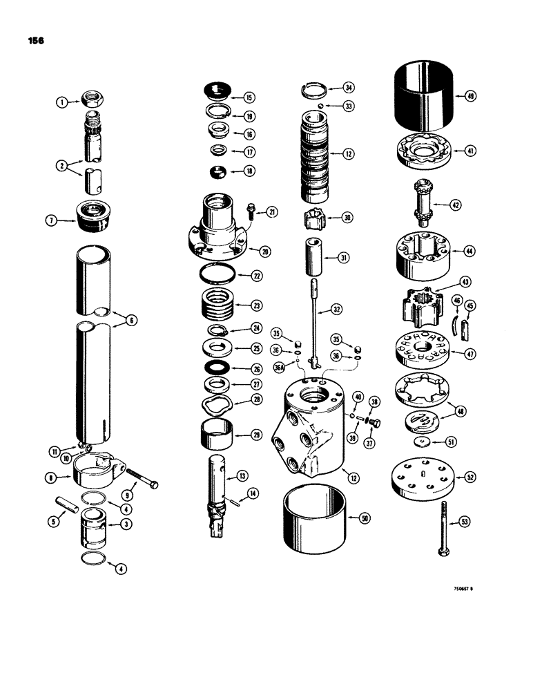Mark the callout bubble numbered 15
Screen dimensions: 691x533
click(249, 97)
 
